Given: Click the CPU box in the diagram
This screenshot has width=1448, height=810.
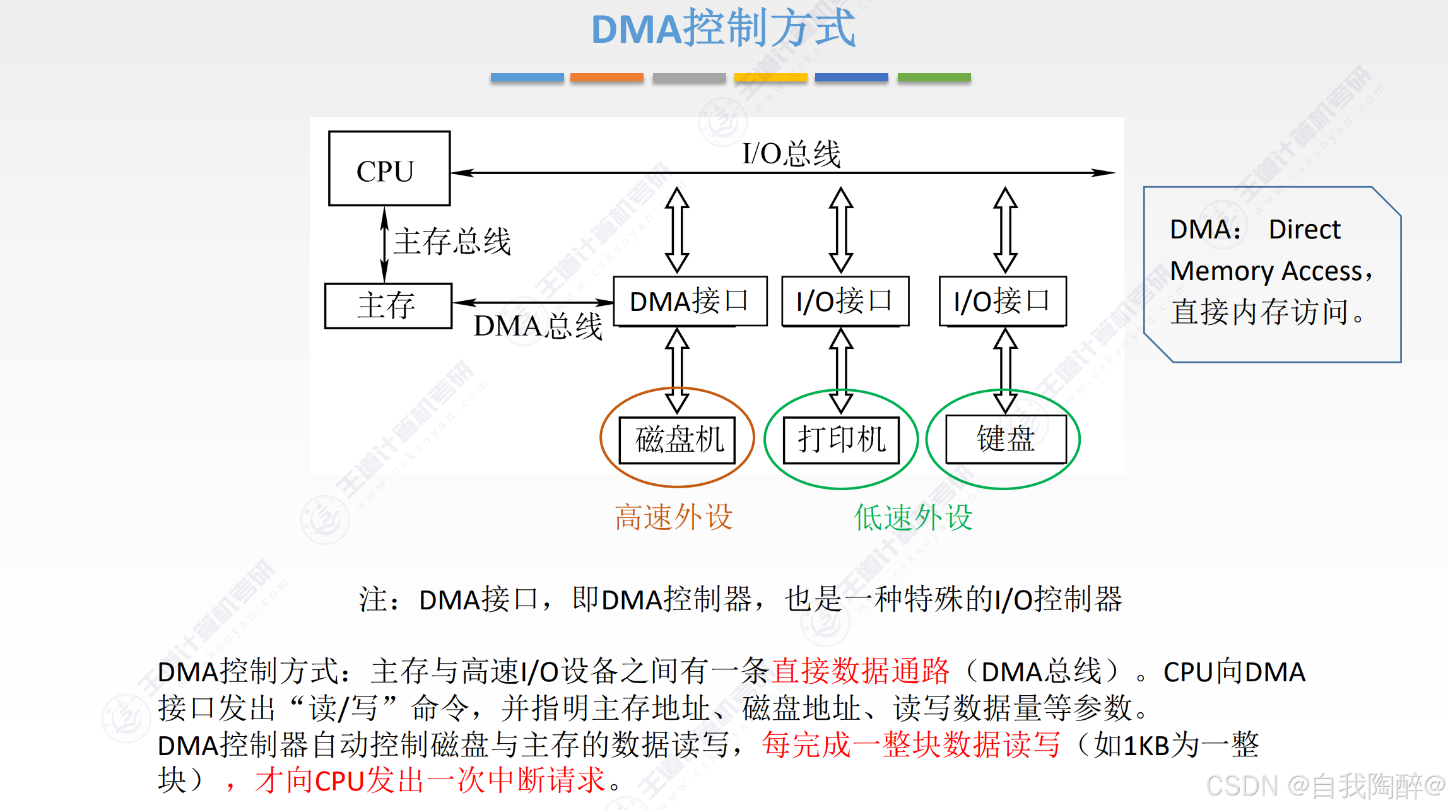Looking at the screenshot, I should (389, 168).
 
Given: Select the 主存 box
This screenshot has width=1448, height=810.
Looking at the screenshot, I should (387, 306).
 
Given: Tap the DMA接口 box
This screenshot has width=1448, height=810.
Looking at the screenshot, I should (690, 301).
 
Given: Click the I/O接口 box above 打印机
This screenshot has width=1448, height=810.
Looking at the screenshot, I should (844, 301).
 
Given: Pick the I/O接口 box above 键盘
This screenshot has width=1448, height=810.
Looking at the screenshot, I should (1002, 301).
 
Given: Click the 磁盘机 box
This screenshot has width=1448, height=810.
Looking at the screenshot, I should (677, 440).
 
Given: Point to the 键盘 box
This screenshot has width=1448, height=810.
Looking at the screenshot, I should (1005, 438).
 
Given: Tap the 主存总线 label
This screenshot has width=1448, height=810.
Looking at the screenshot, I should (452, 242).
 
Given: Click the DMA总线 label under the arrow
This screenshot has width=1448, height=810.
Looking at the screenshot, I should (538, 327).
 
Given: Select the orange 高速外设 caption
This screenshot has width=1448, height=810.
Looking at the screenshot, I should (673, 517).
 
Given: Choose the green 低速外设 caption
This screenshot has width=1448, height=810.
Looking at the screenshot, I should (912, 517).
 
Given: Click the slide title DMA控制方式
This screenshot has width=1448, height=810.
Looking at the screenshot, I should (723, 29).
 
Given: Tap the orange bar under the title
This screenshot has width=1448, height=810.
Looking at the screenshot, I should (606, 78).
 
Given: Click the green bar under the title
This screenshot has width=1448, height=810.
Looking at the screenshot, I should (934, 78).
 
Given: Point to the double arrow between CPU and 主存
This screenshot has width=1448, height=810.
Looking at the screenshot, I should (384, 245).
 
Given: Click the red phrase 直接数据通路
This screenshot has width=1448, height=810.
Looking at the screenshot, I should (861, 671).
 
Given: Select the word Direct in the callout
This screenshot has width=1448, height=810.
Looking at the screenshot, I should (1304, 230).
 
